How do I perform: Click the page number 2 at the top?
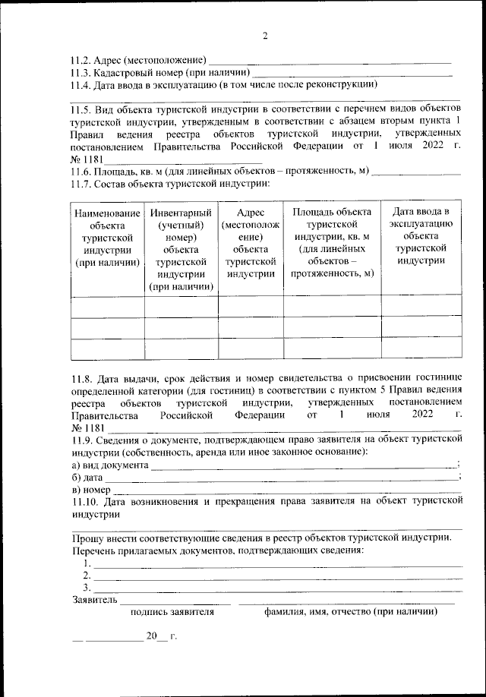(265, 36)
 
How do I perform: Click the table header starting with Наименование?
(107, 237)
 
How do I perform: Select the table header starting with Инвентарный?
(181, 249)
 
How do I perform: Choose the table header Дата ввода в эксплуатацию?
(421, 236)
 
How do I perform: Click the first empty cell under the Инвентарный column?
(181, 306)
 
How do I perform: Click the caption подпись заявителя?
(172, 611)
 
